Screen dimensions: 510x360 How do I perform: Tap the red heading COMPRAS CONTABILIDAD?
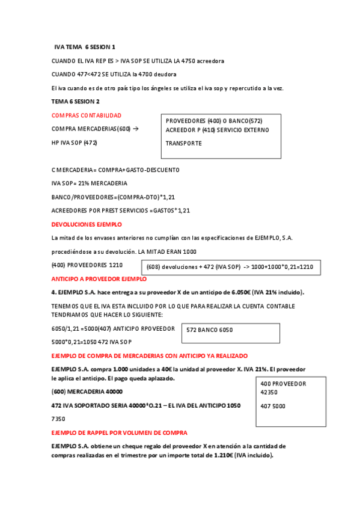tap(87, 115)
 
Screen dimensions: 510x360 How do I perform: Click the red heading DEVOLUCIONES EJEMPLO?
tap(87, 224)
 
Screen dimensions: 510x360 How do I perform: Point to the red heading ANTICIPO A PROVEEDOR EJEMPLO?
tap(99, 279)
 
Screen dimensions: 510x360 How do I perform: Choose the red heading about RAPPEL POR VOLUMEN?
tap(120, 432)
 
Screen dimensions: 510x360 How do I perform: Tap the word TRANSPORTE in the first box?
tap(184, 143)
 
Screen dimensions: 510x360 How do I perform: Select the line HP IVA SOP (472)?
tap(75, 143)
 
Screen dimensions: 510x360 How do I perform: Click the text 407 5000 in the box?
tap(273, 406)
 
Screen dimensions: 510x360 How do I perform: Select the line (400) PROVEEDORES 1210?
tap(87, 265)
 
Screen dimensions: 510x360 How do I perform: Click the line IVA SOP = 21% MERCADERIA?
tap(90, 183)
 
